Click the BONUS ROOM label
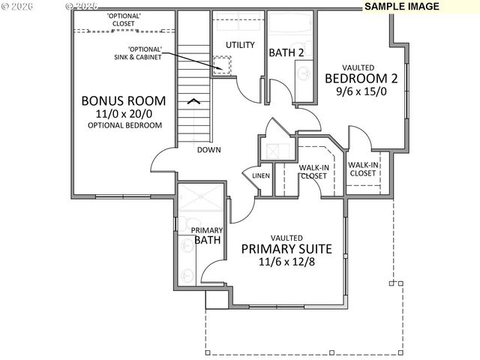[x=124, y=100]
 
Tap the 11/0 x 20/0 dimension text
[x=124, y=112]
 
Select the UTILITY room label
[x=240, y=45]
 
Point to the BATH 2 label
[x=285, y=52]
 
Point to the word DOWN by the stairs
[x=208, y=150]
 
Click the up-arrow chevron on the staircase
[x=193, y=100]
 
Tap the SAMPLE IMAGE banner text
[x=403, y=6]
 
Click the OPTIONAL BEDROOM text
[x=124, y=124]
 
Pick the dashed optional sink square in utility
[x=222, y=64]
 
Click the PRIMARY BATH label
[x=206, y=235]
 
